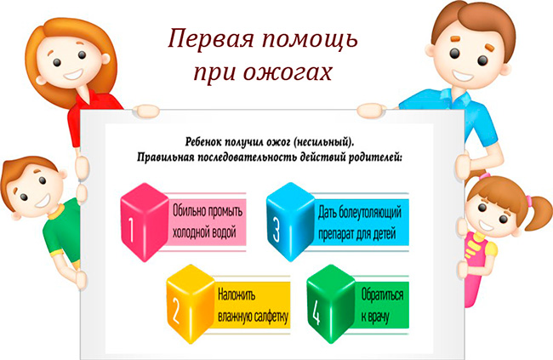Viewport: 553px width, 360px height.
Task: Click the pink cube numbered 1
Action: click(x=145, y=222)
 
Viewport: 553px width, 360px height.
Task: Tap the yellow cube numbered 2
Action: click(x=191, y=304)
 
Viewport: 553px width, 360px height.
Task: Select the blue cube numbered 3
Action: click(x=291, y=222)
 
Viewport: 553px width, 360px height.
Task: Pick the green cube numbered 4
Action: click(x=331, y=304)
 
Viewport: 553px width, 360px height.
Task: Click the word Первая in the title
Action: click(x=210, y=39)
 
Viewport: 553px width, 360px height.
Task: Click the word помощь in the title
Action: click(x=310, y=40)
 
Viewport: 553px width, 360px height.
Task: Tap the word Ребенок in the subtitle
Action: click(x=203, y=141)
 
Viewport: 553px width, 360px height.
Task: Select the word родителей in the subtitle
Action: click(x=375, y=157)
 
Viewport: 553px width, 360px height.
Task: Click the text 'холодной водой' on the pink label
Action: click(x=204, y=233)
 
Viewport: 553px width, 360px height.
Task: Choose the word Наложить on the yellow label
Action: click(x=237, y=294)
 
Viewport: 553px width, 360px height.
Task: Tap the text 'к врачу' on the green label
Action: click(x=374, y=317)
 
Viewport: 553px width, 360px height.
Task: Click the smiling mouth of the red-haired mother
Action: click(x=73, y=75)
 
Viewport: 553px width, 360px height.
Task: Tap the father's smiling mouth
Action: click(x=463, y=76)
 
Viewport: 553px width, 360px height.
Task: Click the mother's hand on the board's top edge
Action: click(x=145, y=111)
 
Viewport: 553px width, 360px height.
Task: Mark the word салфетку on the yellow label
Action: click(x=269, y=317)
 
